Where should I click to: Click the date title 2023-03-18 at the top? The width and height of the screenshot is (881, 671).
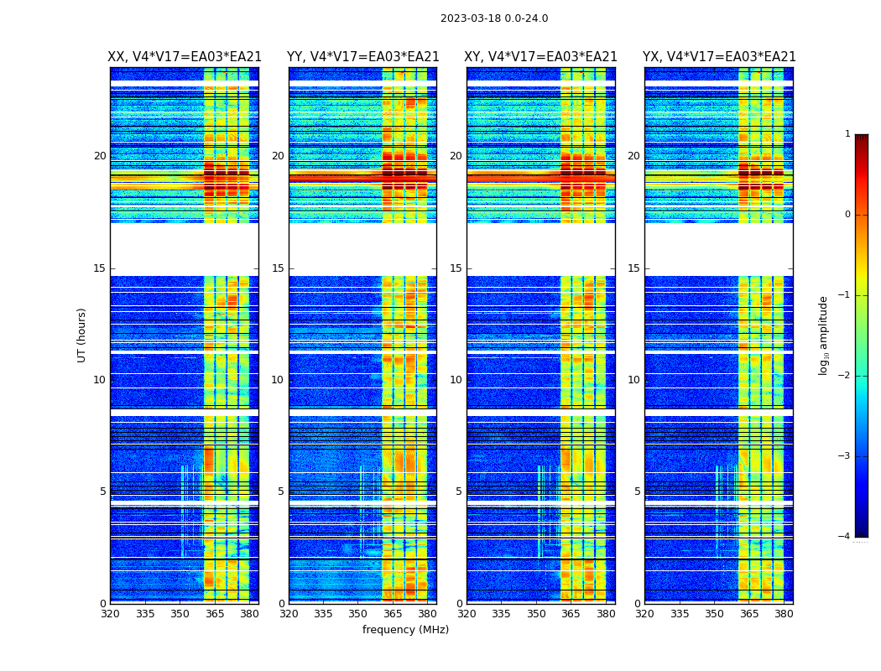pos(494,18)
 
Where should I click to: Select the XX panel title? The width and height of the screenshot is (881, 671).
pos(185,57)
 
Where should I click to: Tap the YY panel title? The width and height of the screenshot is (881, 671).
pos(362,57)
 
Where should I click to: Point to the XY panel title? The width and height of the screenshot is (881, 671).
pos(540,57)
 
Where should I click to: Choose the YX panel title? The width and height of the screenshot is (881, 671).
pos(719,57)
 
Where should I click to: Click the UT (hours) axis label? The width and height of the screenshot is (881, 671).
pos(82,335)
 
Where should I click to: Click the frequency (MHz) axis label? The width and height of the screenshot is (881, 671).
pos(405,630)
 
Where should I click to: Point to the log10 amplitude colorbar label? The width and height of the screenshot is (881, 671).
pos(824,335)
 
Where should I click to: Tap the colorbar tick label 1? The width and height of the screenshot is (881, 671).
pos(847,134)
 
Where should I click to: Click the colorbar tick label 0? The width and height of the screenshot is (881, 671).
pos(847,215)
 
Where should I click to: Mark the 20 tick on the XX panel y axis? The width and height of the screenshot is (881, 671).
pos(100,156)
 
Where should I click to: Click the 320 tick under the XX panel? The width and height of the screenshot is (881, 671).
pos(110,614)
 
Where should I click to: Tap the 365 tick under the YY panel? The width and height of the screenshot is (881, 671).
pos(393,614)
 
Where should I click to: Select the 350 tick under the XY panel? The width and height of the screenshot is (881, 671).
pos(536,614)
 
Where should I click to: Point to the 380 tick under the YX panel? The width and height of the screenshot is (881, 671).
pos(784,614)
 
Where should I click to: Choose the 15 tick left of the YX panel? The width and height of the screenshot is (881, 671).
pos(634,268)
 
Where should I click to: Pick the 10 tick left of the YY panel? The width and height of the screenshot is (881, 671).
pos(278,380)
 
